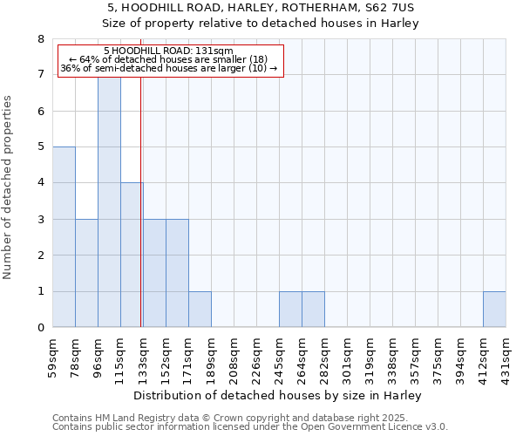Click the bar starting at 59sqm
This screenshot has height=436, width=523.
pos(64,237)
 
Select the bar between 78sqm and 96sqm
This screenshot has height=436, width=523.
pos(86,273)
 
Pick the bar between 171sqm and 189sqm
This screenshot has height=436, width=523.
pos(200,310)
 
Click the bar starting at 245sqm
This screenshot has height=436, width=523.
pos(290,310)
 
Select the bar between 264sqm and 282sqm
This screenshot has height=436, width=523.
pos(313,310)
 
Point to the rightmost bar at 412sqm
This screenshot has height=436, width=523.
pos(494,310)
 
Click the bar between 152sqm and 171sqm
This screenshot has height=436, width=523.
pos(177,273)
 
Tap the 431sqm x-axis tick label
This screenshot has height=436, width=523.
pos(506,358)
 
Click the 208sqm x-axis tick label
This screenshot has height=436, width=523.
pos(234,358)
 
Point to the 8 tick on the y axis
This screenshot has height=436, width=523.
pos(40,39)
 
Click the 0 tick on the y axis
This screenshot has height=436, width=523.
pos(40,328)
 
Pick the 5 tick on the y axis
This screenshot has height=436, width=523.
pos(40,147)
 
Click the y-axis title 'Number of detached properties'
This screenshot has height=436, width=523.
pos(9,187)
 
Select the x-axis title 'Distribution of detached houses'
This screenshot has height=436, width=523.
pos(279,395)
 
